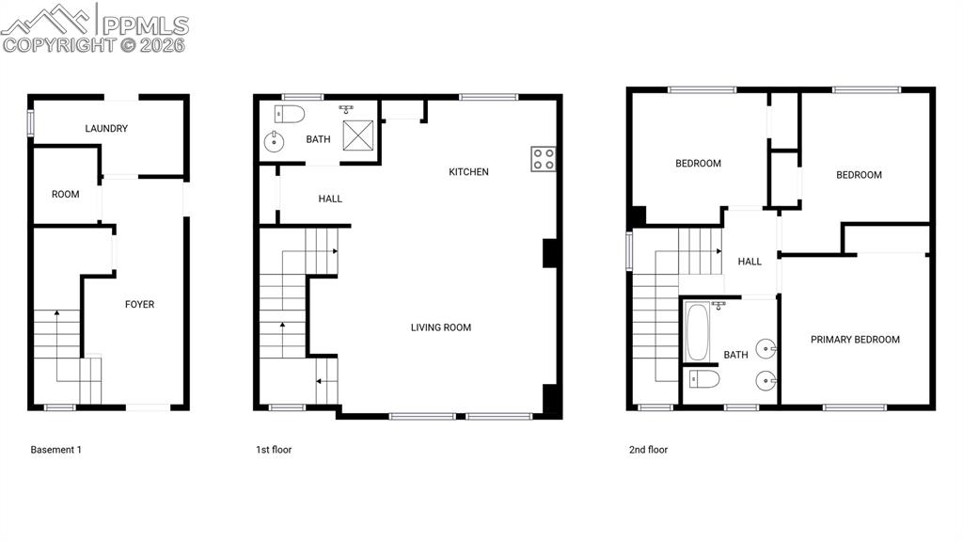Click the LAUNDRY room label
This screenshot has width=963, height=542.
click(x=106, y=129)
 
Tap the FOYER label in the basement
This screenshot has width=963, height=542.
click(x=140, y=305)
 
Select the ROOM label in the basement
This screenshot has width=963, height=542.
click(x=66, y=195)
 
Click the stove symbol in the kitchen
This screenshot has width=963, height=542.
click(x=543, y=158)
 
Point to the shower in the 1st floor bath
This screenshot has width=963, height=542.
click(x=358, y=135)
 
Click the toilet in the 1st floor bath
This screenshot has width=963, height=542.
click(x=291, y=115)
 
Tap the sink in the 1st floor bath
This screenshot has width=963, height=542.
click(x=274, y=144)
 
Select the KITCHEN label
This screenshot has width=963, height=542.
click(x=468, y=172)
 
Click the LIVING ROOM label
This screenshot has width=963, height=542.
click(x=441, y=328)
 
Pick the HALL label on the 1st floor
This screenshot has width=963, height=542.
click(x=330, y=199)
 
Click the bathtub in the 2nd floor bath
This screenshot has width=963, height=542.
click(x=697, y=331)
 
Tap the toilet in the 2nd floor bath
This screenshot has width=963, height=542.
click(x=704, y=379)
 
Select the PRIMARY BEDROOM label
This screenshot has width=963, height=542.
click(x=855, y=341)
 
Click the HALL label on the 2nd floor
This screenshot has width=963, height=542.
click(x=750, y=263)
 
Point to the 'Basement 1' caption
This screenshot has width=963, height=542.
click(x=56, y=450)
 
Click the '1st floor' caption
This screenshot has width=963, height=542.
click(x=274, y=450)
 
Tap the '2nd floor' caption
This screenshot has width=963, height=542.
click(x=648, y=450)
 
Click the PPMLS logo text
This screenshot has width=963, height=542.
click(x=146, y=24)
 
